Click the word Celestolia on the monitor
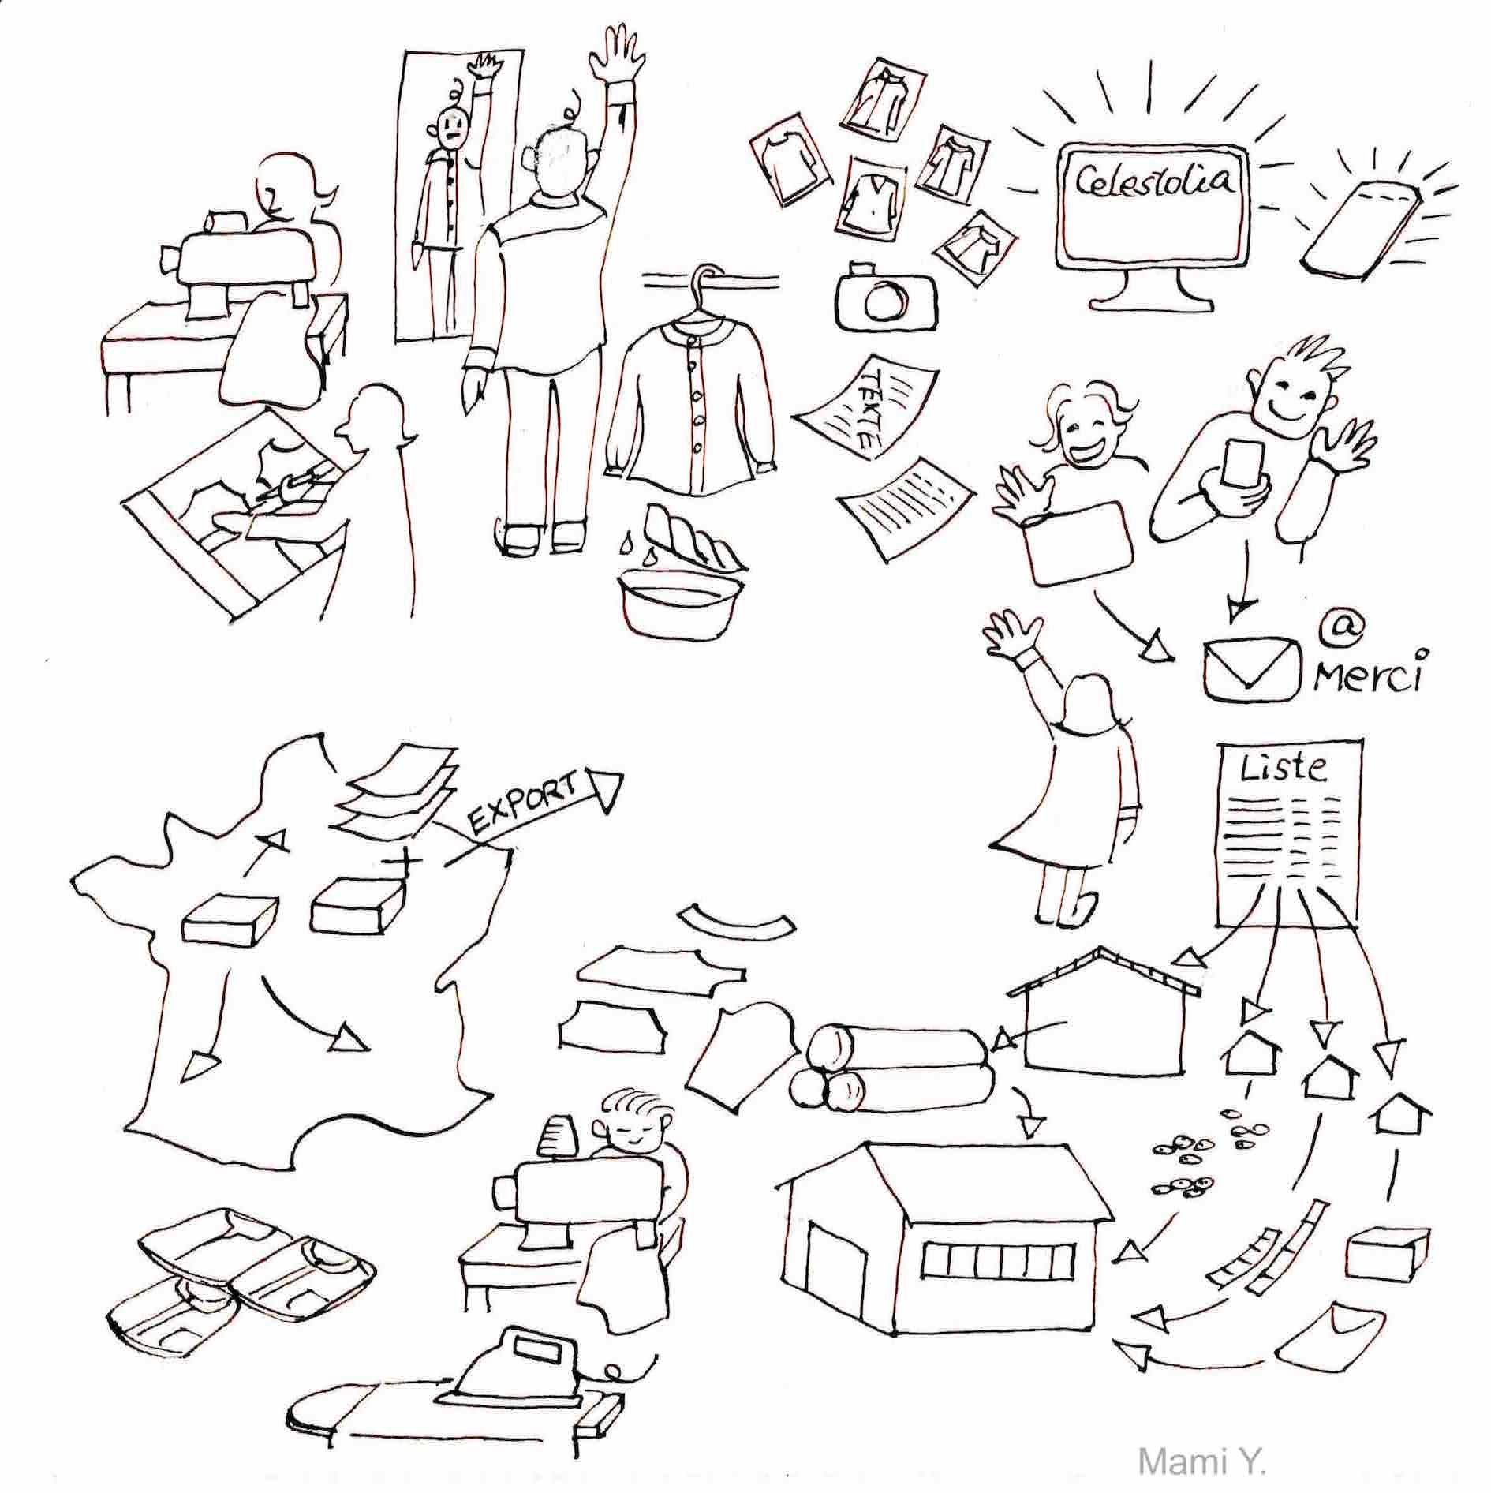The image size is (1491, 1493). coord(1154,181)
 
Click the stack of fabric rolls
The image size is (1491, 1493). coord(887,1070)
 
